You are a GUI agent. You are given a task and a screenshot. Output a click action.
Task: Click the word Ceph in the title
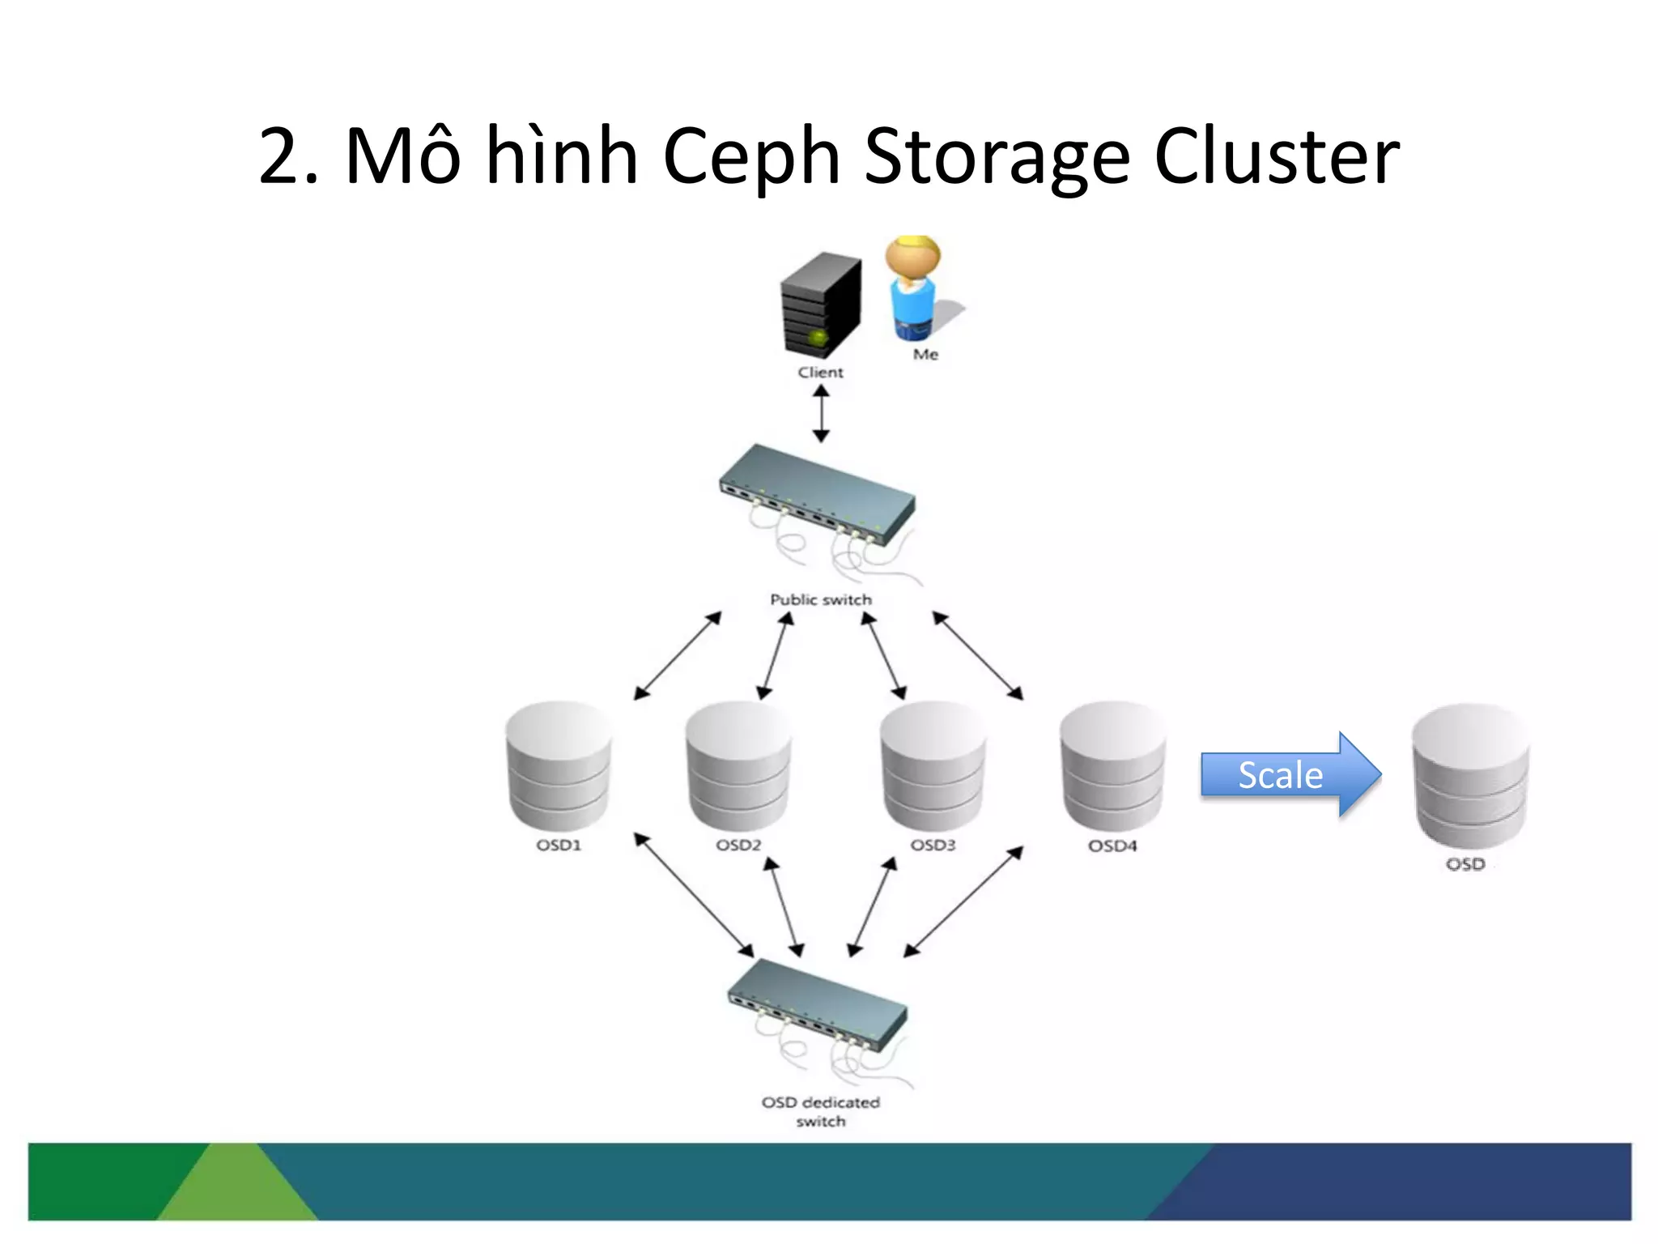tap(750, 157)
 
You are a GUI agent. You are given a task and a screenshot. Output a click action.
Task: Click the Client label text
tap(820, 373)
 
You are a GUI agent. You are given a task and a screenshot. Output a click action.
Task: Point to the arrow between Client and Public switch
tap(821, 414)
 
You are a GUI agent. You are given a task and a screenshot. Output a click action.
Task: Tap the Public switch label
tap(821, 600)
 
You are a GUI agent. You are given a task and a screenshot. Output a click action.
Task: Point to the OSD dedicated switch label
tap(820, 1111)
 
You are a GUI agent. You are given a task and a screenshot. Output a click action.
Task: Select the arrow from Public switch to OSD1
tap(677, 656)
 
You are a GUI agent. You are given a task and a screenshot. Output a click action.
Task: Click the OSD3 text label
tap(933, 846)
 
